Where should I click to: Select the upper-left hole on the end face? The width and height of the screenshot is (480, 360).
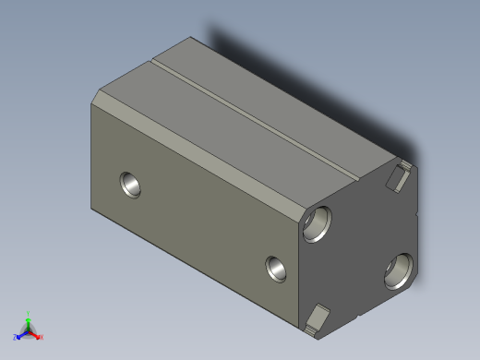click(x=317, y=222)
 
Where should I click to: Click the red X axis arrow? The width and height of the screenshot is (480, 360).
click(x=37, y=335)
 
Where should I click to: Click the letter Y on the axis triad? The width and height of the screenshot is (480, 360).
click(x=29, y=313)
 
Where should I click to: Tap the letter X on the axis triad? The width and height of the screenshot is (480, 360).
click(x=42, y=338)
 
